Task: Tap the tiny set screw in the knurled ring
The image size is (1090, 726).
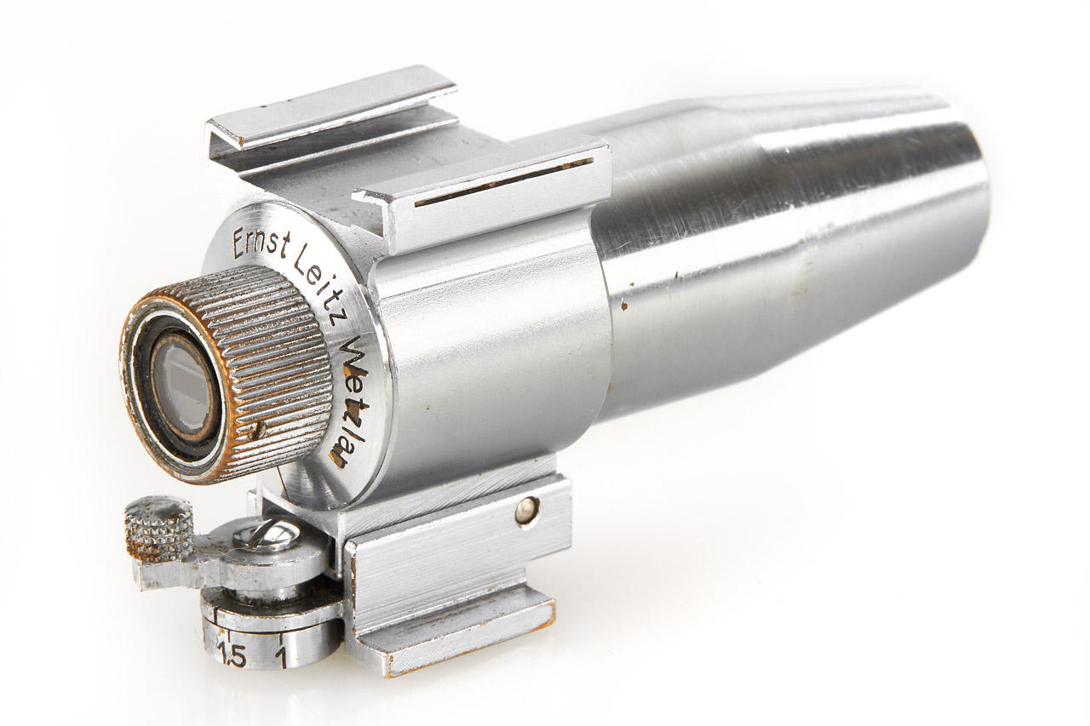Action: click(256, 431)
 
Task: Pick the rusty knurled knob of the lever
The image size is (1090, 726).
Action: click(158, 528)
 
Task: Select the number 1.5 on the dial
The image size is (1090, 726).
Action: click(232, 655)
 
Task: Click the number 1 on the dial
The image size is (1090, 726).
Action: click(281, 655)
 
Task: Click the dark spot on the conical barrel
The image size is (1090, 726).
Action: click(624, 302)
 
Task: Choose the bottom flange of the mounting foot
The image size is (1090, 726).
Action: click(460, 630)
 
